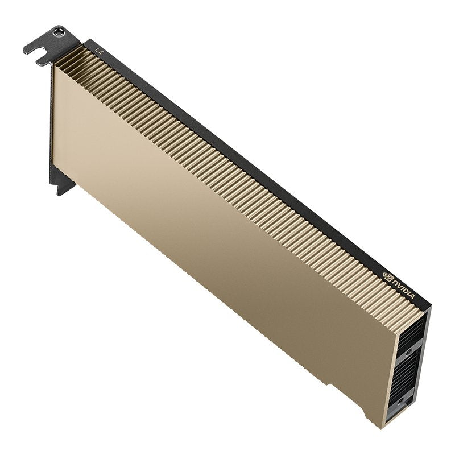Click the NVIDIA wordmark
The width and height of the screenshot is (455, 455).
click(x=404, y=288)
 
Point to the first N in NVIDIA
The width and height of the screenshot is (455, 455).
click(x=395, y=282)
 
